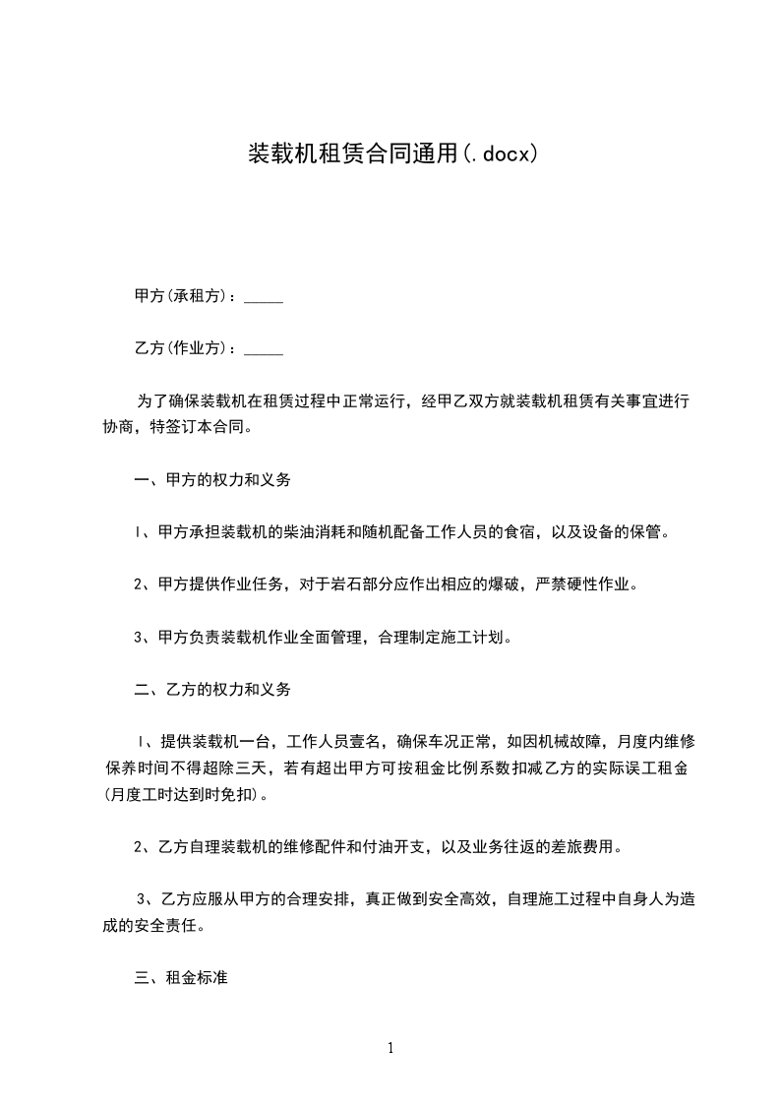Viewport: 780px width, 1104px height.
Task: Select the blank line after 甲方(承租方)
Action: coord(263,296)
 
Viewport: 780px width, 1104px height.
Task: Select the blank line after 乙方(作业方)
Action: coord(263,348)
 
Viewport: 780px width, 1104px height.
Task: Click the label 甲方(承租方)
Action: coord(183,296)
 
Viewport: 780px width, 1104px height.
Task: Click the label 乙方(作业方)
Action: coord(183,348)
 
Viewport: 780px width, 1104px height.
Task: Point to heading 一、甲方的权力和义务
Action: coord(212,480)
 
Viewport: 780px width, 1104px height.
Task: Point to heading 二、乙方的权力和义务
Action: coord(212,690)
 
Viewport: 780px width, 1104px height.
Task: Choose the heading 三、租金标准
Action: coord(181,978)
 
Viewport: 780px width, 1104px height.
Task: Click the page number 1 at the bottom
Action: coord(390,1048)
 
